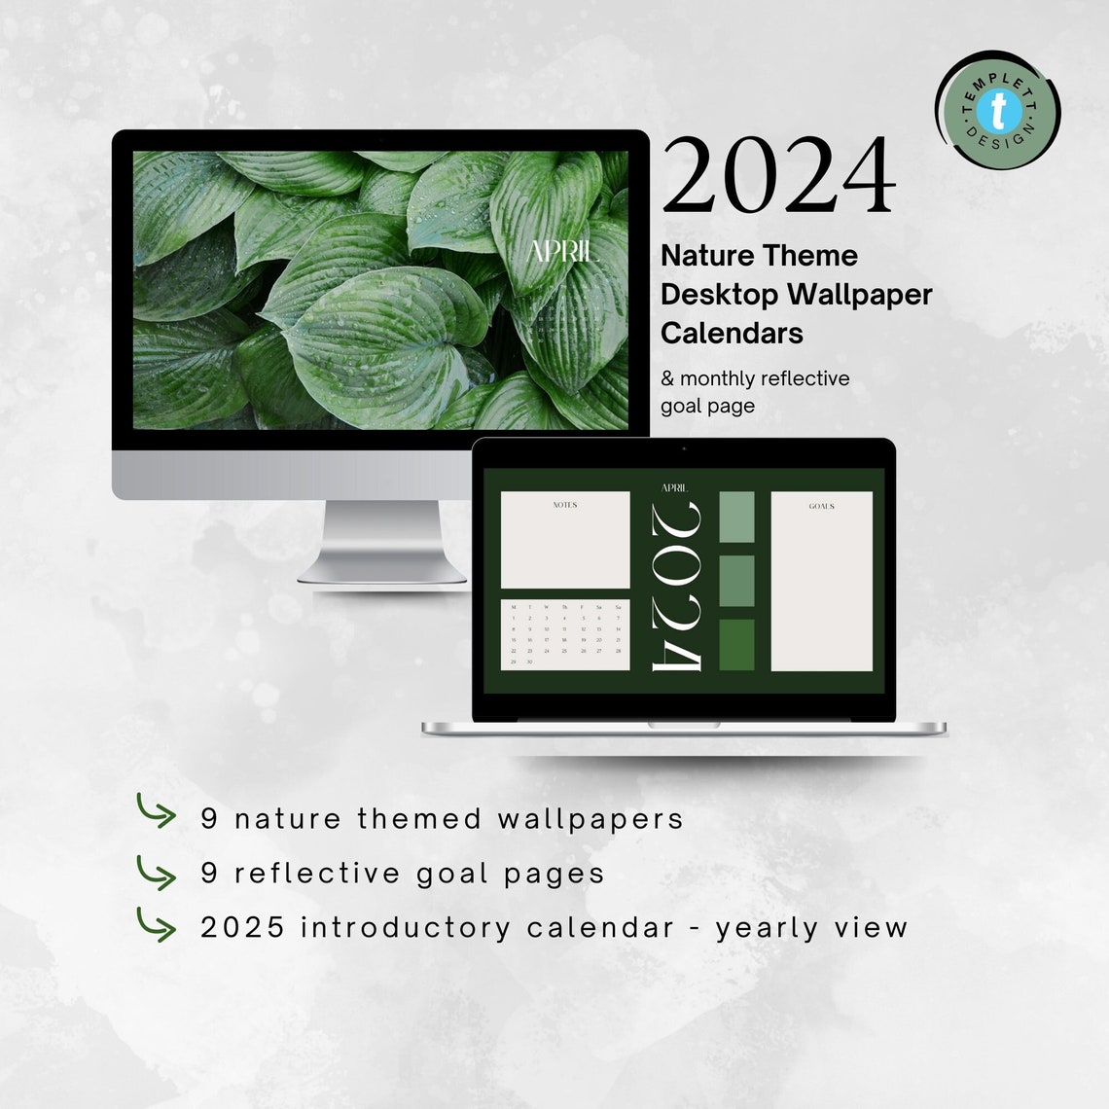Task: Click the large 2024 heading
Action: [778, 175]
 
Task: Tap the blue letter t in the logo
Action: [998, 112]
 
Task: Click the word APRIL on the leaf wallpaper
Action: [560, 251]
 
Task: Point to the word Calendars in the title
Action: [732, 333]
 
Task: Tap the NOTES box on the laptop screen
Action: [565, 540]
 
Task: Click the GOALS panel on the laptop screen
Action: [821, 582]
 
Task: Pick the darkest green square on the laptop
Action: [736, 644]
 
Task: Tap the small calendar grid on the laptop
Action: [565, 634]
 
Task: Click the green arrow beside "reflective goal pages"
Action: [156, 872]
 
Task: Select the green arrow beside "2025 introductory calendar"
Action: [156, 925]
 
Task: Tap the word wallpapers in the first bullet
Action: [590, 818]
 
